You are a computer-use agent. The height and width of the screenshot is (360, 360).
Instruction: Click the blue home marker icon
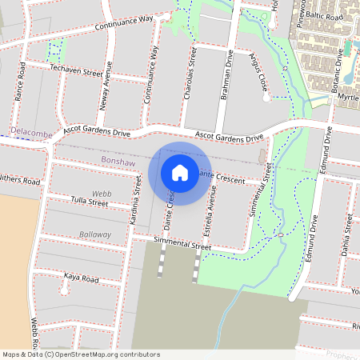point(180,172)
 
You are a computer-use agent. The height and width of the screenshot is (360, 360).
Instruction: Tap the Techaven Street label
point(77,71)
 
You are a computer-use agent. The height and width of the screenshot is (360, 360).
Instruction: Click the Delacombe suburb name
point(30,130)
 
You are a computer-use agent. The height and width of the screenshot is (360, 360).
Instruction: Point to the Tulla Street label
point(88,202)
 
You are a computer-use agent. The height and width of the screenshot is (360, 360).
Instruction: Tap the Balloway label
point(95,234)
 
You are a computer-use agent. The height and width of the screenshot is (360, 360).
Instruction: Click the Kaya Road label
point(81,278)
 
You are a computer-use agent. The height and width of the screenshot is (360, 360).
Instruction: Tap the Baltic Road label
point(327,15)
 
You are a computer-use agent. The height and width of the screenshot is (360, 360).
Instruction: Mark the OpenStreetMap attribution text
point(81,354)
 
